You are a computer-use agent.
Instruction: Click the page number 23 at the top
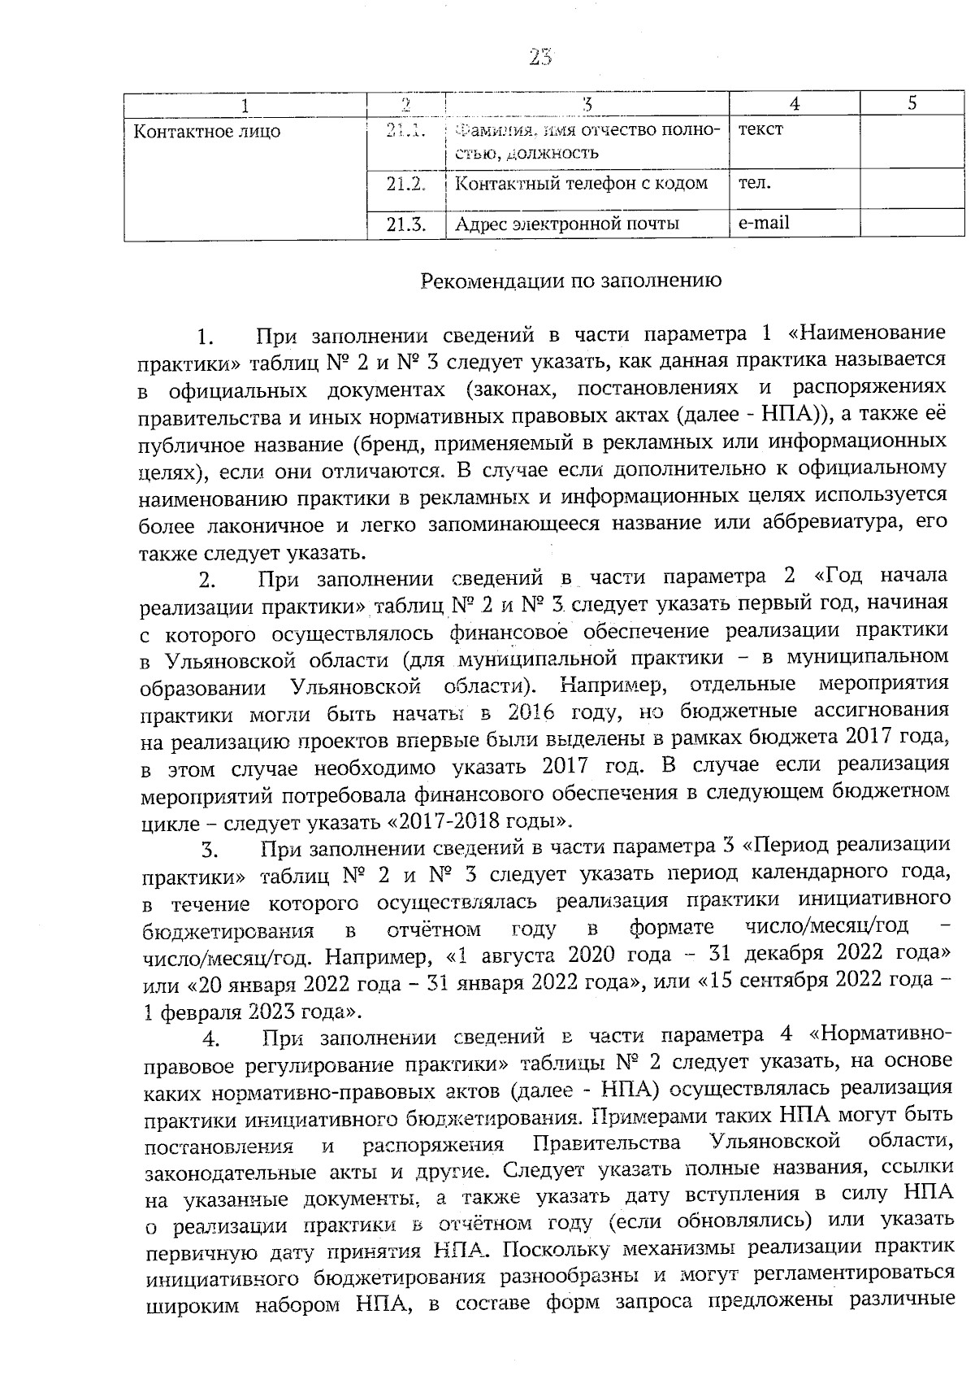click(x=540, y=57)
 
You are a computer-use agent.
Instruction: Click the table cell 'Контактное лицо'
click(x=206, y=132)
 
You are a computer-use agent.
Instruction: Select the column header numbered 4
click(x=794, y=103)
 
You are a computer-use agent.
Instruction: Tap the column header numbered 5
click(x=912, y=103)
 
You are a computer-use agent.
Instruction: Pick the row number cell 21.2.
click(x=406, y=184)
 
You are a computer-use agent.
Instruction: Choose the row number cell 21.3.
click(x=406, y=224)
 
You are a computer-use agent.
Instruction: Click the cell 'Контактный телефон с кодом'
click(x=581, y=184)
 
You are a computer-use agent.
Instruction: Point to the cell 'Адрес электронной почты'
click(x=567, y=224)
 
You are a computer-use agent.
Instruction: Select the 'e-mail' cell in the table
click(x=763, y=222)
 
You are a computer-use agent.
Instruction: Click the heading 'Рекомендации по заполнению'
click(x=571, y=281)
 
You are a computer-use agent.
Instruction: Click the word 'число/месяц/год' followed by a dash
click(x=827, y=927)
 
